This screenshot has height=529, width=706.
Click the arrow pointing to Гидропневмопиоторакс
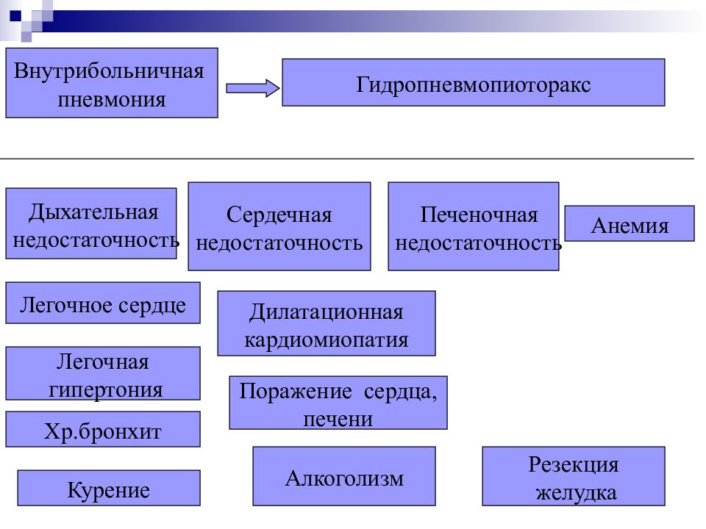coord(252,87)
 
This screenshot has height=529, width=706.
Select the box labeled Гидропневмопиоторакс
coord(473,82)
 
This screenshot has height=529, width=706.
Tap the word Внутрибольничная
coord(109,71)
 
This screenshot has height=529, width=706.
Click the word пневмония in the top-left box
coord(112,99)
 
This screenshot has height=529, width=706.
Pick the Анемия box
coord(630,223)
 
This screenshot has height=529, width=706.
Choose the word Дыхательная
coord(93,212)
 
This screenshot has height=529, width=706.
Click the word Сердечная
coord(279,215)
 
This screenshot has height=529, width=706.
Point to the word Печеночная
coord(479,215)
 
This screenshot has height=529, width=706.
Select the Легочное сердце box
coord(103,303)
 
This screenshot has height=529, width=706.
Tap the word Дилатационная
coord(327,312)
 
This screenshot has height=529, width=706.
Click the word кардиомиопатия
coord(327,339)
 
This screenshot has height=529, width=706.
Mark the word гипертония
coord(106,389)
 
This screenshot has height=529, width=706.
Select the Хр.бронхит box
coord(103,429)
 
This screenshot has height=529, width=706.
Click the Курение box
coord(109,488)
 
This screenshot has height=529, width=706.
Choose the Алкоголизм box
coord(344,476)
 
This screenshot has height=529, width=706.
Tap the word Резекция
coord(574,464)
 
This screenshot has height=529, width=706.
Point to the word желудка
coord(576,492)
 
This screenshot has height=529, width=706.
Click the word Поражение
coord(295,391)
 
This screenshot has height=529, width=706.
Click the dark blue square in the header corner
coord(15,15)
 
